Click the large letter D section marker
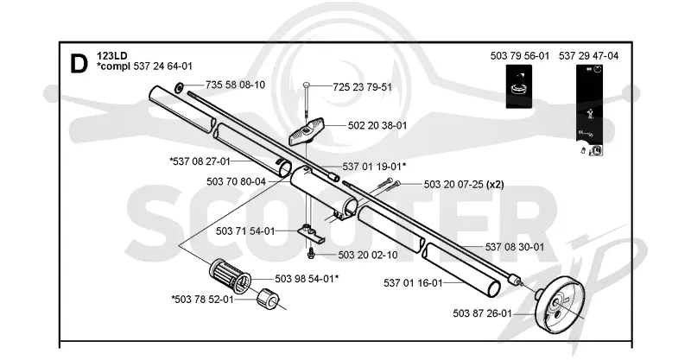79,65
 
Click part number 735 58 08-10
235,85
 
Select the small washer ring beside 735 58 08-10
180,86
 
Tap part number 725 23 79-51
362,87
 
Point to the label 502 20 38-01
377,125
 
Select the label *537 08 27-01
200,161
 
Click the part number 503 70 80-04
236,181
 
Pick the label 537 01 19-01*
374,167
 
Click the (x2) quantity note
495,184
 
